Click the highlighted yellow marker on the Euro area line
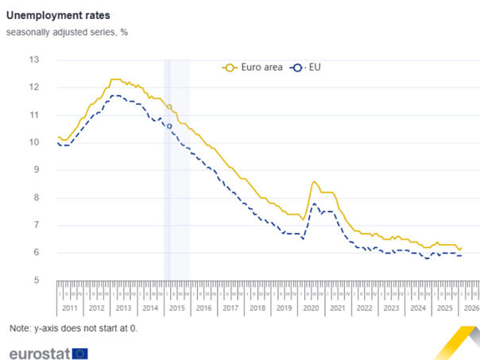tap(169, 106)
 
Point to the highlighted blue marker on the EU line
tap(169, 126)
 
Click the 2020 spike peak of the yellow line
tap(315, 182)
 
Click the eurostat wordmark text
tap(37, 353)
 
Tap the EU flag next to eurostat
tap(79, 353)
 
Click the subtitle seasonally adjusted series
tap(67, 33)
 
